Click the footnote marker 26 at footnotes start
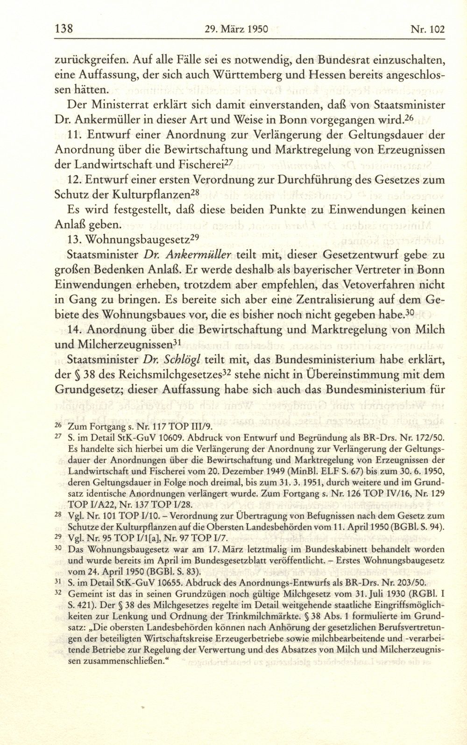click(59, 425)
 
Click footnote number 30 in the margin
click(59, 549)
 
